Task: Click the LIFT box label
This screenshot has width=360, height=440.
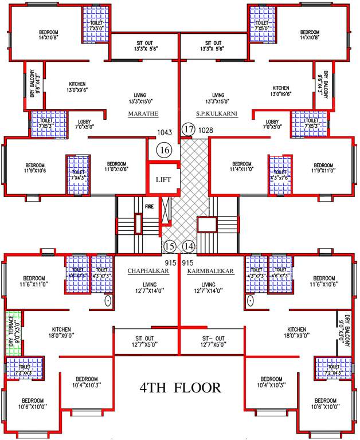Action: pyautogui.click(x=163, y=179)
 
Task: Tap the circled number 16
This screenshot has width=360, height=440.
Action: pyautogui.click(x=164, y=151)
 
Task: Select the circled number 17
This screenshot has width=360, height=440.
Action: pyautogui.click(x=188, y=129)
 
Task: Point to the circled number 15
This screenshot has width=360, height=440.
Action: pyautogui.click(x=169, y=247)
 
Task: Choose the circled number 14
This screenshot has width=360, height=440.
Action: pyautogui.click(x=189, y=247)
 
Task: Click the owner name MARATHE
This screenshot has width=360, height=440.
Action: pyautogui.click(x=143, y=113)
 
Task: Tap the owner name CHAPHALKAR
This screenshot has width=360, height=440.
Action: pyautogui.click(x=148, y=270)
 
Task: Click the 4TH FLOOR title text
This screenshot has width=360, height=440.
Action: pyautogui.click(x=180, y=388)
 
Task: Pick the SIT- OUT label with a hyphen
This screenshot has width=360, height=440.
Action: pyautogui.click(x=213, y=340)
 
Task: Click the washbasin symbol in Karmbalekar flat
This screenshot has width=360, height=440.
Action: pyautogui.click(x=250, y=300)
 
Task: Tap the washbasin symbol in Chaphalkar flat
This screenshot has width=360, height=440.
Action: pyautogui.click(x=108, y=300)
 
